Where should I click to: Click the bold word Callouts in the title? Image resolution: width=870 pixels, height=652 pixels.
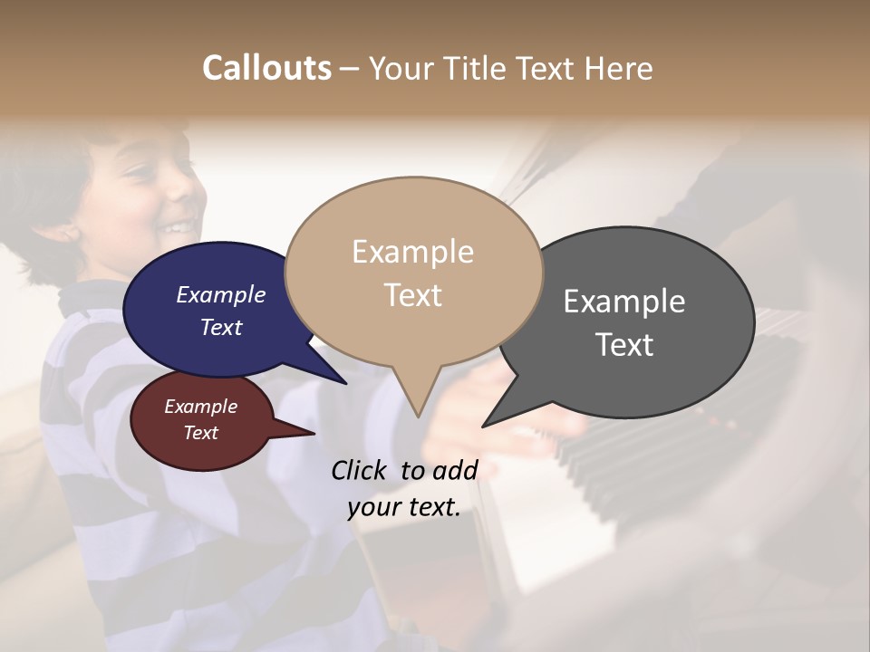[x=266, y=68]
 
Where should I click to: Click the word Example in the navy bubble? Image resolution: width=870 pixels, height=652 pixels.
[x=221, y=294]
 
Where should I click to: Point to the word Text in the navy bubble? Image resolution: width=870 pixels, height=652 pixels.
[x=221, y=327]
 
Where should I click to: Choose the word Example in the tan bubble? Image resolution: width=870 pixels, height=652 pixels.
[x=412, y=252]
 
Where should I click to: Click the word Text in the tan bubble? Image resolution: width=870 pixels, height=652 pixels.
[x=412, y=294]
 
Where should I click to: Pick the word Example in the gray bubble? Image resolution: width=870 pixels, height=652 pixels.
[x=624, y=301]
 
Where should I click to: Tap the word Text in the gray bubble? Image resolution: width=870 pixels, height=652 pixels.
[x=624, y=344]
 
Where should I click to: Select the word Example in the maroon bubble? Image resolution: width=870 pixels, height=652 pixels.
[x=201, y=407]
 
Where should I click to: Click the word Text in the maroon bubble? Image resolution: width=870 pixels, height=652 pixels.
[x=201, y=433]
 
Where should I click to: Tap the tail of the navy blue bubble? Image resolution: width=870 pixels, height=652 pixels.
[x=343, y=380]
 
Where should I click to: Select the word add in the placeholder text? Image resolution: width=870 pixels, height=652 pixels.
[x=455, y=470]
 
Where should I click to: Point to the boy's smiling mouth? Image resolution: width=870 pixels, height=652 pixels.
[x=178, y=226]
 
